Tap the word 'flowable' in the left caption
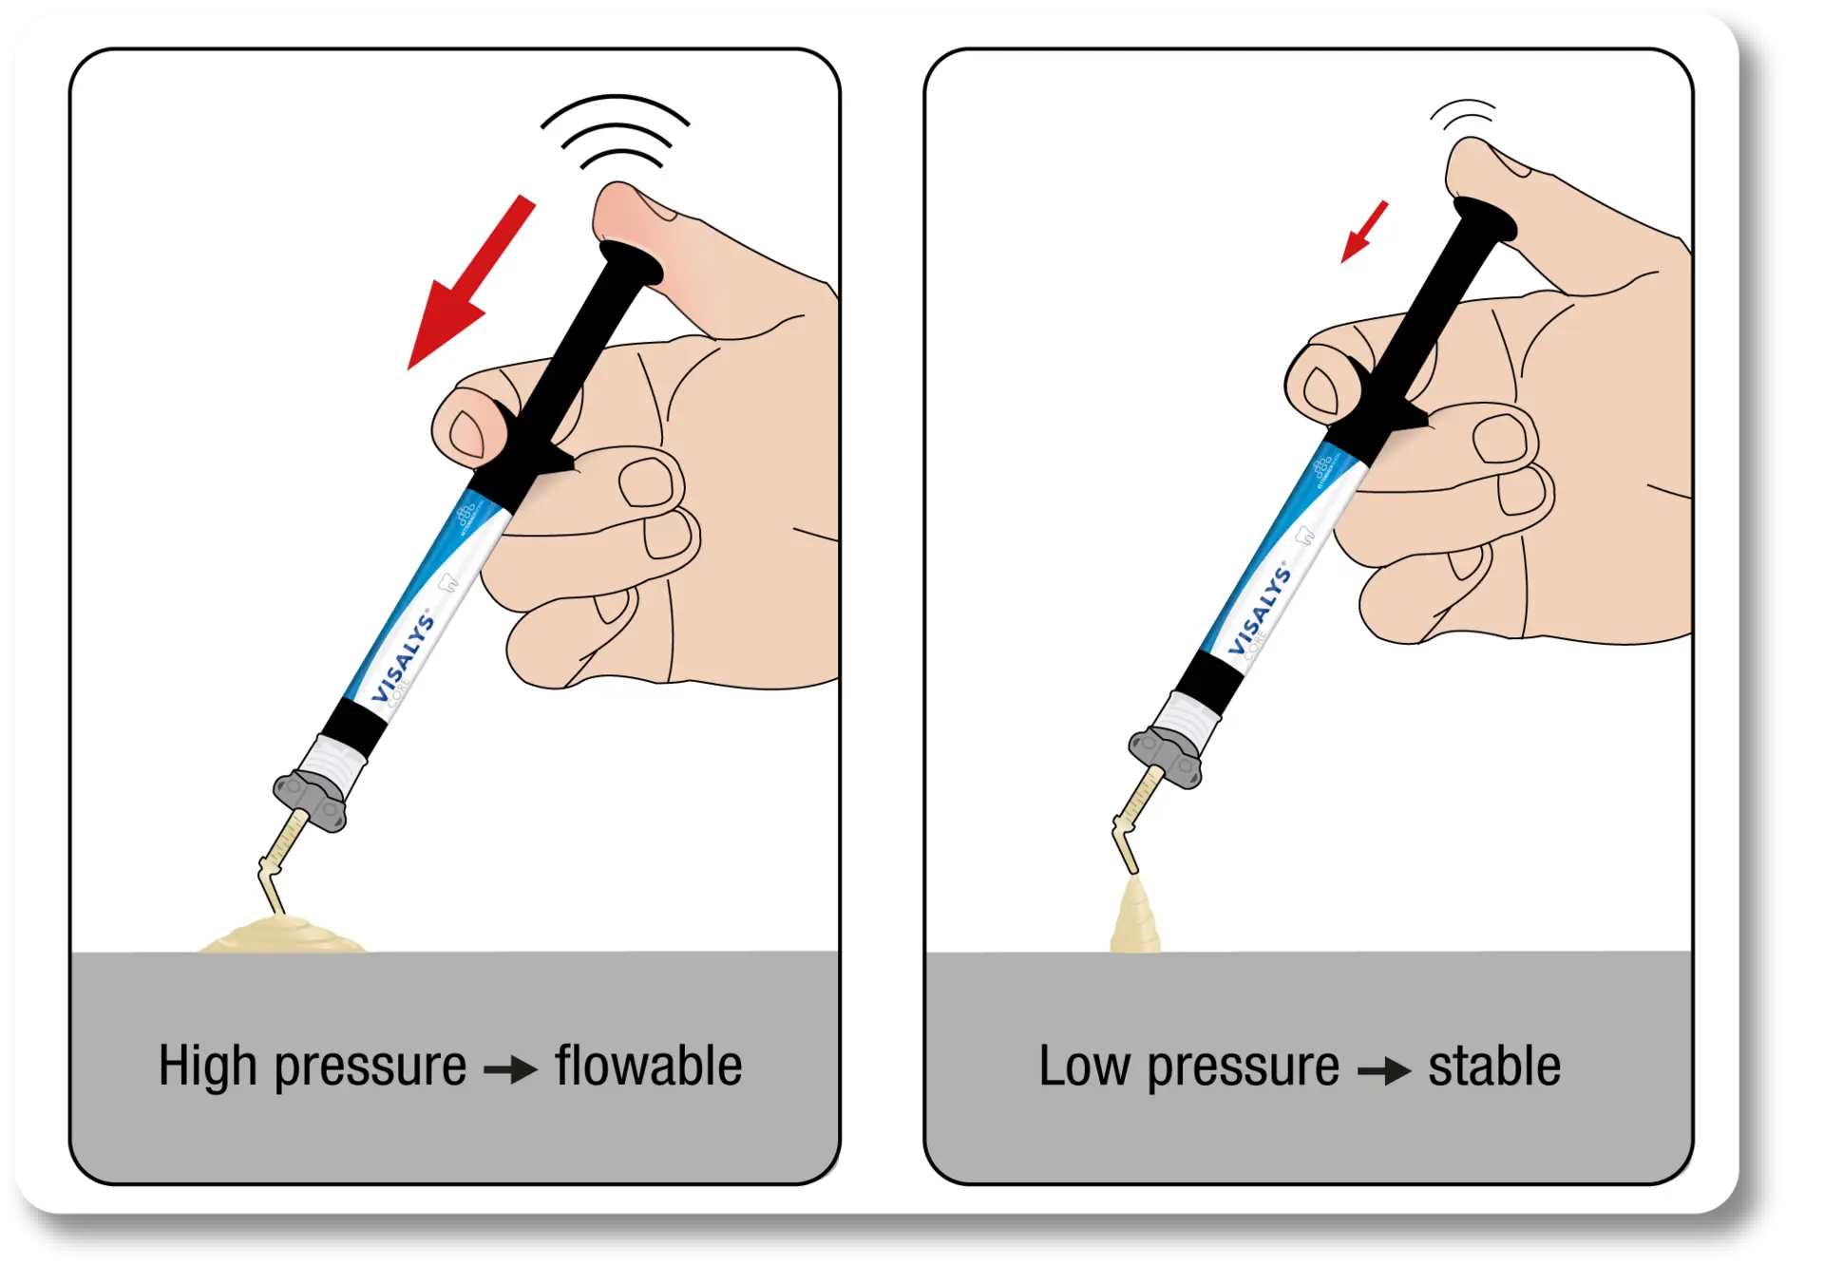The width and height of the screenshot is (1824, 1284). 648,1066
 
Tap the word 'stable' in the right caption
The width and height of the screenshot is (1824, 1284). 1493,1066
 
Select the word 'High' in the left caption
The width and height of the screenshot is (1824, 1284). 207,1066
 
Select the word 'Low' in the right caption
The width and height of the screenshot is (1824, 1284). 1083,1066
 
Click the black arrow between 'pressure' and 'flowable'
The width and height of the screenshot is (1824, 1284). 511,1071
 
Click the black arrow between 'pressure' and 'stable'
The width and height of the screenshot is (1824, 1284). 1384,1071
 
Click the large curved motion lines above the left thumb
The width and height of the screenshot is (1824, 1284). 615,133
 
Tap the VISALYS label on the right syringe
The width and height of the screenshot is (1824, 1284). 1259,612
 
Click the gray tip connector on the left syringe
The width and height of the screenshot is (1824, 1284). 311,800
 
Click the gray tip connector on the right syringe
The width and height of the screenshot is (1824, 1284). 1166,756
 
